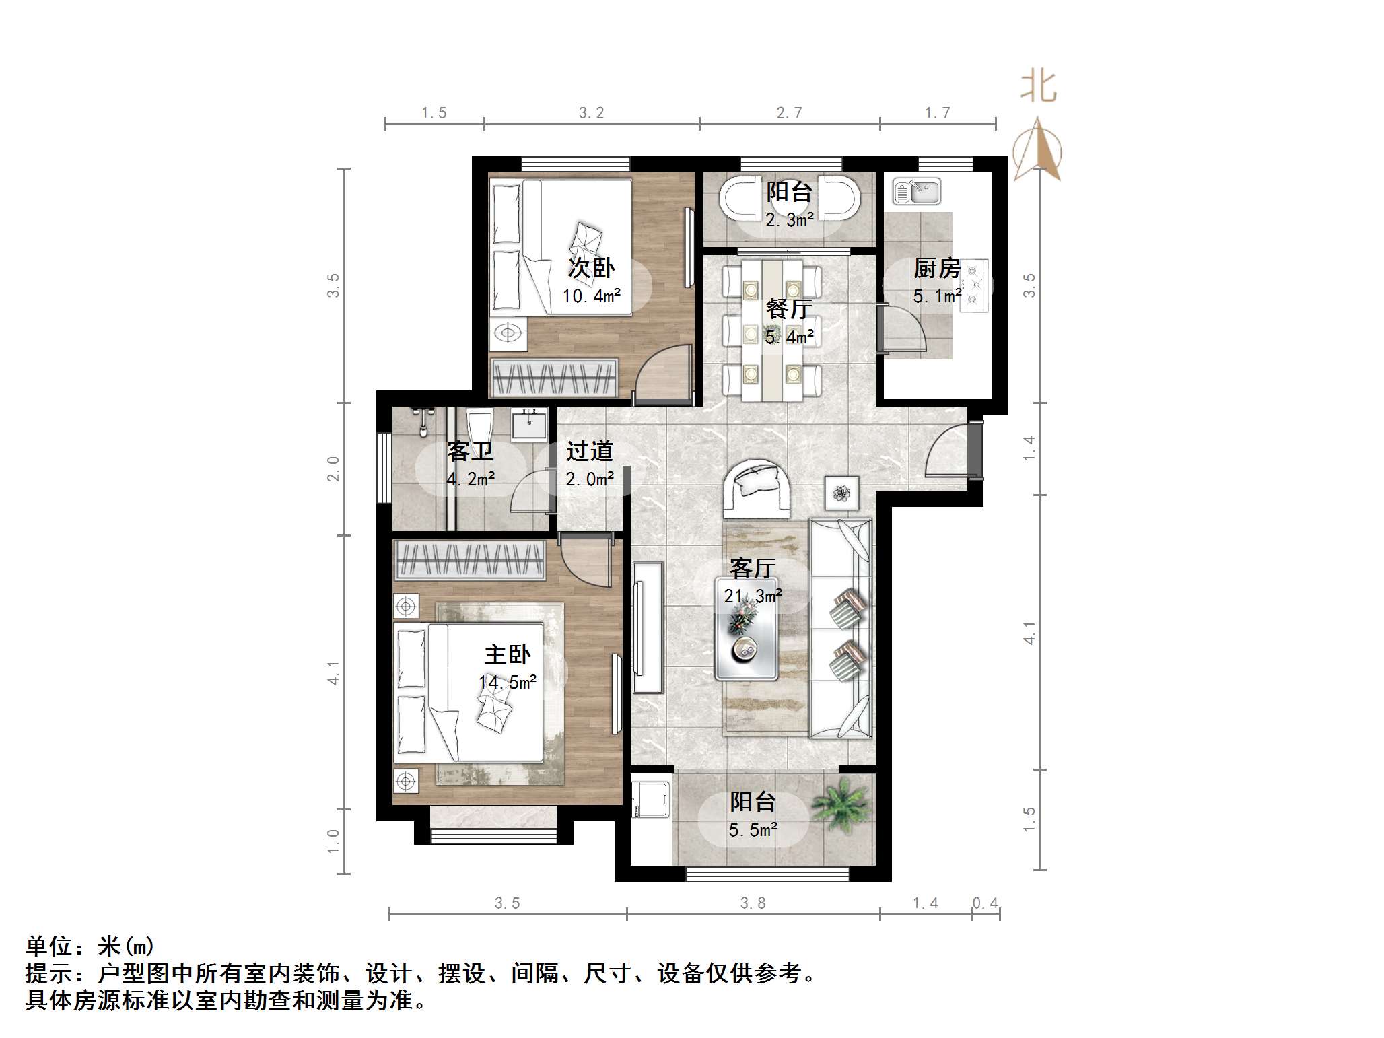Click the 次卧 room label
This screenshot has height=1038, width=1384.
[591, 268]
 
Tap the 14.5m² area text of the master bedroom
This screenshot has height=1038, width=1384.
[508, 682]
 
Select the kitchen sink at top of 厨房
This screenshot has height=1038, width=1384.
[916, 191]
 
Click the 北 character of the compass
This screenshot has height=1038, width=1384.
[1038, 88]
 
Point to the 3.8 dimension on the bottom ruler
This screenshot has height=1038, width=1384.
[753, 903]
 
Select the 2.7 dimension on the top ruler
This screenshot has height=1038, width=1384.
[789, 113]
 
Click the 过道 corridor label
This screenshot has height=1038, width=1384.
[589, 451]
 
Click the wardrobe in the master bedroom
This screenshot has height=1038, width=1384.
[470, 560]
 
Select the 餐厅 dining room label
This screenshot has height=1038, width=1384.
[789, 309]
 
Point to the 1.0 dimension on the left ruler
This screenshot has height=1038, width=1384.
[333, 841]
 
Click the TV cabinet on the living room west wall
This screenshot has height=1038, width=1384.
[648, 627]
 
